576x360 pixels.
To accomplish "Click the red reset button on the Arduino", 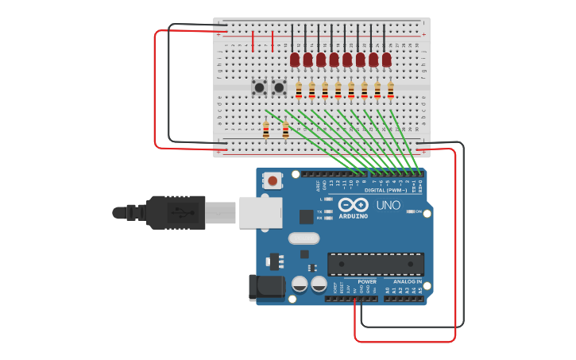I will tap(273, 181).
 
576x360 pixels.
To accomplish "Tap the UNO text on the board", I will tap(388, 205).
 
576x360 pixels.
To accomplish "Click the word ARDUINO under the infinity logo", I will tap(353, 215).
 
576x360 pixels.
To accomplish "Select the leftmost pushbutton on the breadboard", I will tap(259, 87).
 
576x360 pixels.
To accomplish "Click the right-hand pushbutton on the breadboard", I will tap(279, 87).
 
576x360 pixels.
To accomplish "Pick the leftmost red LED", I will tap(295, 60).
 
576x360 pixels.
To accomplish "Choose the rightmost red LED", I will tap(386, 60).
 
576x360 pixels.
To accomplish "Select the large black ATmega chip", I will tap(375, 264).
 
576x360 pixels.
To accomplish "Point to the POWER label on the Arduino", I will tap(367, 281).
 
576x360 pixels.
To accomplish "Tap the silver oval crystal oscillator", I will tap(303, 238).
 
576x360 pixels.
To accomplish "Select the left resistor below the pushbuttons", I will tap(266, 129).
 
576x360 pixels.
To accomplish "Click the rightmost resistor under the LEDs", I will tap(390, 91).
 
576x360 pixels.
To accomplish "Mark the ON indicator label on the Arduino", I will tap(418, 211).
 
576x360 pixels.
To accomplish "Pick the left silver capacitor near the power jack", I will tap(300, 284).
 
